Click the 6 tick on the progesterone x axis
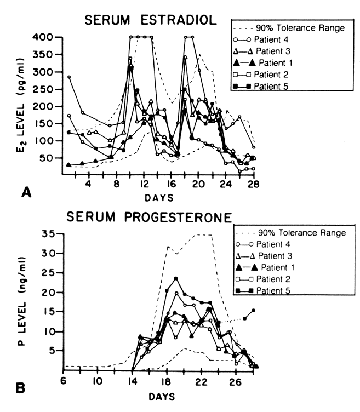65,381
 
